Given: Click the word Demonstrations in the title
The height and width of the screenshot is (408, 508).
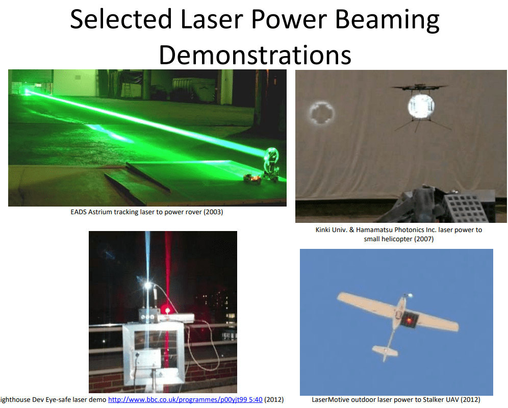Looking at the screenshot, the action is tap(255, 55).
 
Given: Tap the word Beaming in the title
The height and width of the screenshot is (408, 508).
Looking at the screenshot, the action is tap(387, 20).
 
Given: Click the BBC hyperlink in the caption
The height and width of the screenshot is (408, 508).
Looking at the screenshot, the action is tap(185, 399).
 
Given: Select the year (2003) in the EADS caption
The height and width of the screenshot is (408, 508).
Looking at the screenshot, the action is tap(213, 212).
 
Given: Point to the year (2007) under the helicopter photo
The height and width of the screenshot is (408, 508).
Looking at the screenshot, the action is tap(424, 239).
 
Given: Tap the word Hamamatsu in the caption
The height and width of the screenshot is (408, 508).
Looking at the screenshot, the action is tap(372, 230).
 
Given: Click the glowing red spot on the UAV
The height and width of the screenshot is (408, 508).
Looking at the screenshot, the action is tap(409, 320).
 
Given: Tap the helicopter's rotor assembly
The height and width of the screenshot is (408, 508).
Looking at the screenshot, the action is tap(420, 87).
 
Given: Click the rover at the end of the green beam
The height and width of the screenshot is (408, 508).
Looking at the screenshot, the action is tap(263, 168).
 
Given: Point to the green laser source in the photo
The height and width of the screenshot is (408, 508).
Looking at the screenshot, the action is tap(26, 92).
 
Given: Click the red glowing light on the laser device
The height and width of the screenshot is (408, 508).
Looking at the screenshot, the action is tap(167, 311).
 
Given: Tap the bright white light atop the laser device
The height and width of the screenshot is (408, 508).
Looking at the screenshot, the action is tap(148, 286).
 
